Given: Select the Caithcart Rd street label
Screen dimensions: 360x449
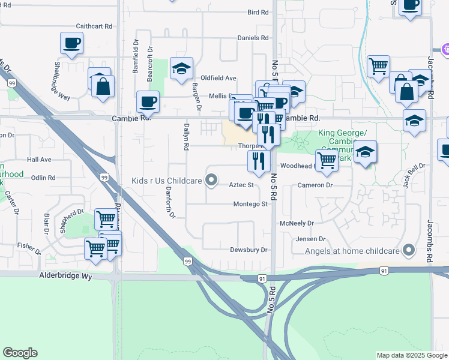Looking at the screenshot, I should [94, 26].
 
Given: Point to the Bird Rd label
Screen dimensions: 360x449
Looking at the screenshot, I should [258, 12].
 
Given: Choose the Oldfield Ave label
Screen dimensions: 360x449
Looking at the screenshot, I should [218, 78].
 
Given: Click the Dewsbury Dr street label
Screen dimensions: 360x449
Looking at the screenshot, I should [248, 250].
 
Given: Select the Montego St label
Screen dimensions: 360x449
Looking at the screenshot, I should [250, 204].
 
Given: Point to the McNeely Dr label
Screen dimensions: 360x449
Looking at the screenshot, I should [297, 223].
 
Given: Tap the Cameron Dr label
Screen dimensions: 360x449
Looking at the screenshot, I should [315, 185].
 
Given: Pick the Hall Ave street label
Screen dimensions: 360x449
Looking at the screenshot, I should [39, 160].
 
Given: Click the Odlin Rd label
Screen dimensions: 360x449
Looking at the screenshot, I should [43, 178].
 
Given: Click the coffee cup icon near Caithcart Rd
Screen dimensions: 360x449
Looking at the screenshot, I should [71, 43].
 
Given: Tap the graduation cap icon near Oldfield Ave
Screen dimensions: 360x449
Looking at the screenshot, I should [181, 68].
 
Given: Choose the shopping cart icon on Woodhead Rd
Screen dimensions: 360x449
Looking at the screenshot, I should [327, 160].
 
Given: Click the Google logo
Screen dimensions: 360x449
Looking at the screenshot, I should [20, 353].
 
